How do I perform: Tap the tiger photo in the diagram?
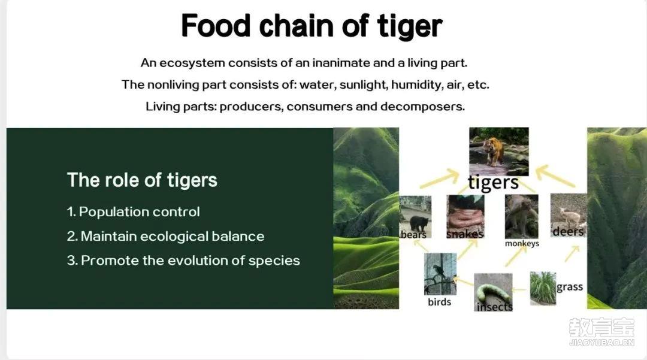(x=499, y=152)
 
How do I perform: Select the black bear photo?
(x=415, y=217)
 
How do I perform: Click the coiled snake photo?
(x=465, y=217)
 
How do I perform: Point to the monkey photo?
(x=522, y=216)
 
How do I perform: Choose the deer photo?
(x=568, y=215)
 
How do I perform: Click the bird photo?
(x=440, y=274)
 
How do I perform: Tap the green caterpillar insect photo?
(x=493, y=292)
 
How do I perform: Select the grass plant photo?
(x=543, y=288)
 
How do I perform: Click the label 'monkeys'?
(x=522, y=243)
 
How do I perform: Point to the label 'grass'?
(x=570, y=287)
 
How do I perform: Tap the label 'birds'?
(x=440, y=302)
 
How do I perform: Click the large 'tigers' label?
(x=493, y=183)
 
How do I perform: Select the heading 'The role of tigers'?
(x=142, y=180)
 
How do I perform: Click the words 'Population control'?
(x=139, y=212)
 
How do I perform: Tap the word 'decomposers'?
(x=422, y=107)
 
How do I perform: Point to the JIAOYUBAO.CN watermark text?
(x=601, y=343)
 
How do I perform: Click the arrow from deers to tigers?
(x=555, y=176)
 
